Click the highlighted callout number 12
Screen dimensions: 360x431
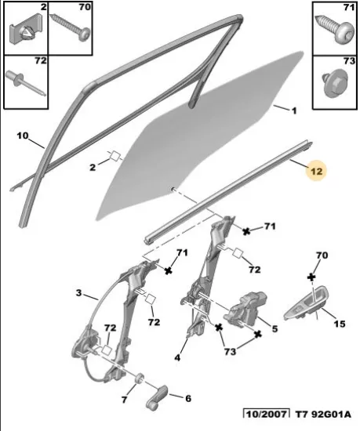tap(316, 171)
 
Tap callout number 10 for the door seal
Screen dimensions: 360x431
tap(23, 136)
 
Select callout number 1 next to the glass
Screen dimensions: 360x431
tap(294, 111)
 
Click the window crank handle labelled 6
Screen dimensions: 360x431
tap(157, 397)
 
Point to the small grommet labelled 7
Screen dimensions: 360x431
tap(140, 378)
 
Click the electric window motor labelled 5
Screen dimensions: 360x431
tap(244, 307)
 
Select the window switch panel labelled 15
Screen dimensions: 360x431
tap(306, 304)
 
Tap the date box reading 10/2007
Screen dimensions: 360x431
tap(266, 414)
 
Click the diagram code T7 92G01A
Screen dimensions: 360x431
tap(323, 415)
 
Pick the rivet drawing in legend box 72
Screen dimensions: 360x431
tap(25, 82)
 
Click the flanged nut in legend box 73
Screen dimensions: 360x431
tap(335, 84)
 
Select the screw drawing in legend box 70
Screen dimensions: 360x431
tap(71, 25)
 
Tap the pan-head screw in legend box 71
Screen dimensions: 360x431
tap(335, 30)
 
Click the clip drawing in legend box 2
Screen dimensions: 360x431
tap(26, 31)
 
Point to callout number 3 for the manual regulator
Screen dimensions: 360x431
tap(79, 293)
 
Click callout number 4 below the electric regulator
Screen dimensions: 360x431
tap(178, 357)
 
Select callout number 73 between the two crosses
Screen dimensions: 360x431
tap(230, 352)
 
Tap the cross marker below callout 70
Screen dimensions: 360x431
tap(311, 277)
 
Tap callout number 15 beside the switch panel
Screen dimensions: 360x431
tap(340, 324)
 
